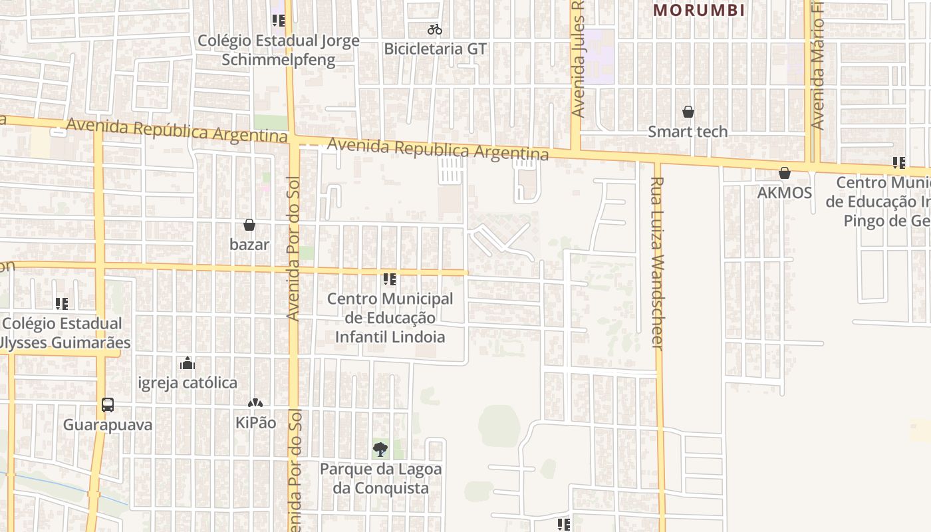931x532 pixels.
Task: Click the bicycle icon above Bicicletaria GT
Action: (435, 29)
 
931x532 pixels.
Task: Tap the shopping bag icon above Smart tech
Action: (688, 112)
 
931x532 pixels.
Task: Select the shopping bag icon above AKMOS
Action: (785, 173)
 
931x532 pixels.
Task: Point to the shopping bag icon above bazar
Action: (249, 225)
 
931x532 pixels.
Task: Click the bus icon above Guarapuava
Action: (107, 404)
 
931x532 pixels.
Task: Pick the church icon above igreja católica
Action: (188, 363)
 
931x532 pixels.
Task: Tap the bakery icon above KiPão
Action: (255, 403)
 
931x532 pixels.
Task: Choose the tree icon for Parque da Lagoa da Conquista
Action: (380, 450)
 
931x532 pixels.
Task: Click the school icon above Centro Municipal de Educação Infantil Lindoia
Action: (390, 279)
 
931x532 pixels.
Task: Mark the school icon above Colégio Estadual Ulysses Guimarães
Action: (62, 304)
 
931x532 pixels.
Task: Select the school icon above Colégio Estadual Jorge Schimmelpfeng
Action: (279, 21)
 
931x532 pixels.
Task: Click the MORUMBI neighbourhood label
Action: (698, 11)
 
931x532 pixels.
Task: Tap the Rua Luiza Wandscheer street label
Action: (657, 263)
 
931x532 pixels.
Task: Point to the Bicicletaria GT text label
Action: (435, 49)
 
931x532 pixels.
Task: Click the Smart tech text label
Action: (688, 132)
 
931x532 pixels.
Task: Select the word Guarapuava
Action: (108, 424)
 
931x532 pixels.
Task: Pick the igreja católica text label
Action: (188, 383)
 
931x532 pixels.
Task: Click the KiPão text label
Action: (255, 423)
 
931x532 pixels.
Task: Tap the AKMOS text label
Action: (785, 193)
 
